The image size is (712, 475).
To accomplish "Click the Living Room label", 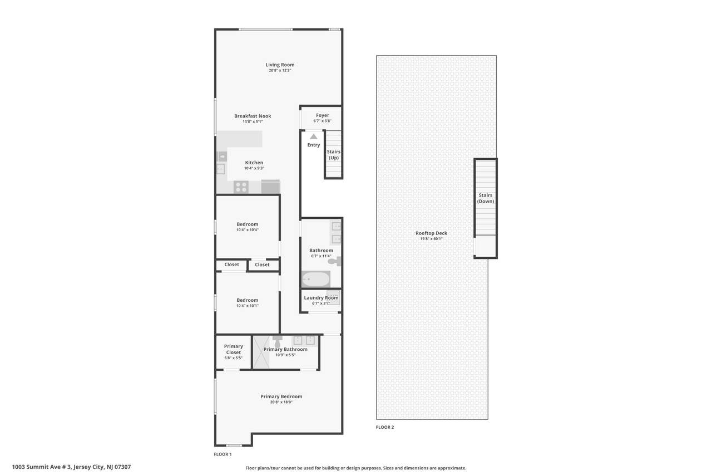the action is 280,65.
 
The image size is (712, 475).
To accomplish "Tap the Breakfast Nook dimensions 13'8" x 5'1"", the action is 253,121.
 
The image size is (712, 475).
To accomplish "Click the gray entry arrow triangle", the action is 313,136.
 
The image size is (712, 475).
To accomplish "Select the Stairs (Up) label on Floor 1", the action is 333,155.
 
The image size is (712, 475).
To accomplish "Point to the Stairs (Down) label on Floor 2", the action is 486,198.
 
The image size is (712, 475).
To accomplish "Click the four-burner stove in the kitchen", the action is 241,187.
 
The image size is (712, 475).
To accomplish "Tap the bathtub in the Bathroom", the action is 315,279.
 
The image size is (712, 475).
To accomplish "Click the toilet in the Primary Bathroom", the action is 277,342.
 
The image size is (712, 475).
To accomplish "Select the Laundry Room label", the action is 321,298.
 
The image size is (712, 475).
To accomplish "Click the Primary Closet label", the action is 233,349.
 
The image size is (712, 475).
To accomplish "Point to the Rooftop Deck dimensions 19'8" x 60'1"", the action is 431,238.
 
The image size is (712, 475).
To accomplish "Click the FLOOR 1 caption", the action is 222,454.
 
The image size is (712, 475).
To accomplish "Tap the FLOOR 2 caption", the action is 384,427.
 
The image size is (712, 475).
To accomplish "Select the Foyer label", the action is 322,115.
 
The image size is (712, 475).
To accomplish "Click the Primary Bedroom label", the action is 281,396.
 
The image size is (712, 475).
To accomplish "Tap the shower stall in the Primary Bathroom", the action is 261,352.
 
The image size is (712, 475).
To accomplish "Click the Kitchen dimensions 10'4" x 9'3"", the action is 254,168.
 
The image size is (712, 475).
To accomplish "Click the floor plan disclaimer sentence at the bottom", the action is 355,468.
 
